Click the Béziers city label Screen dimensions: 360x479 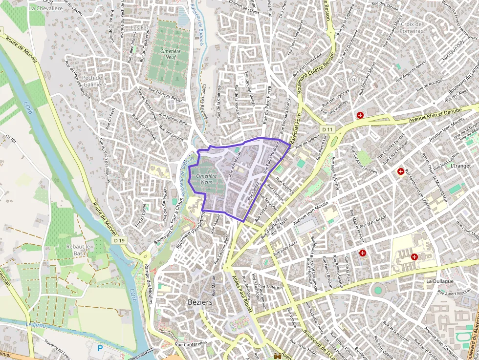click(200, 302)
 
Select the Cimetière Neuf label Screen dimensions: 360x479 click(171, 54)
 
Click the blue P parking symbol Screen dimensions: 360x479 click(101, 348)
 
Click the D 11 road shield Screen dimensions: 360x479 click(327, 129)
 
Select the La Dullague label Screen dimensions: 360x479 click(440, 281)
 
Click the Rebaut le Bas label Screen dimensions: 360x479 click(78, 250)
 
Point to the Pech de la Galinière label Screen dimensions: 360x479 click(95, 81)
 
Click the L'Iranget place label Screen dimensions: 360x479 click(460, 166)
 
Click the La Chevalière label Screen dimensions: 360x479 click(45, 8)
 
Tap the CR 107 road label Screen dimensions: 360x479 click(11, 141)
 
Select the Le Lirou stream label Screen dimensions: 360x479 click(35, 325)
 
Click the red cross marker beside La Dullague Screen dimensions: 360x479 click(414, 256)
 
